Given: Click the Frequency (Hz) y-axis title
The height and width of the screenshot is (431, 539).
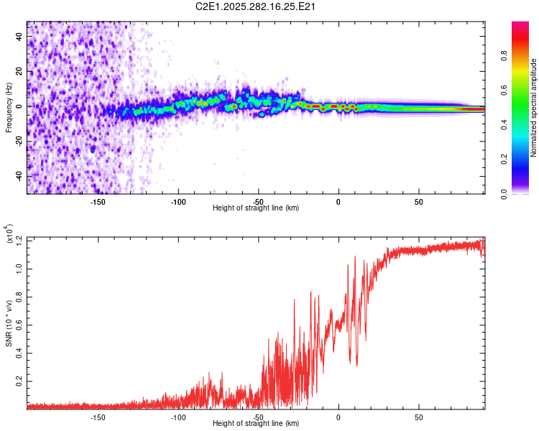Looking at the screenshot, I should coord(9,108).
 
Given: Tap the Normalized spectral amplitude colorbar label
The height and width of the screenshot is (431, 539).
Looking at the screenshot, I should coord(534,108).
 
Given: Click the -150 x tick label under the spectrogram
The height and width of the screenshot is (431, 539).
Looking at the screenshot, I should coord(98,202).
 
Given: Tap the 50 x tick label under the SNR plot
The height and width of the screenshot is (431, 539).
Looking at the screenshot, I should coord(419,417).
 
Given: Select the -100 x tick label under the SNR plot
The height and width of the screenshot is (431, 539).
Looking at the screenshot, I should coord(178,417).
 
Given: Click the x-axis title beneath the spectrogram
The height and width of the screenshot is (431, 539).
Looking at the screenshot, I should coord(256,208).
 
